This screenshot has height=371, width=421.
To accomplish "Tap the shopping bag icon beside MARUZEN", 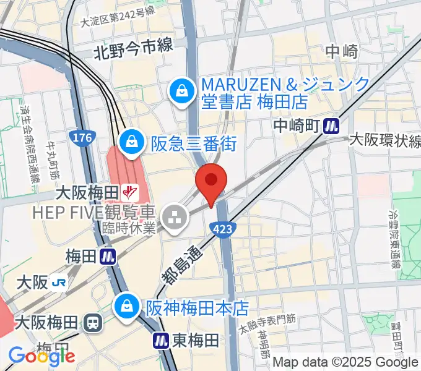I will [183, 92].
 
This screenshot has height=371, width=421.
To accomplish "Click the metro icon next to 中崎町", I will [332, 126].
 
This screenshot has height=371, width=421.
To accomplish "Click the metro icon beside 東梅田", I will [161, 339].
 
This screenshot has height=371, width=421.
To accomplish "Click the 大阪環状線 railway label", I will [384, 140].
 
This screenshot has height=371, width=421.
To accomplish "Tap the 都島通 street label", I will [180, 263].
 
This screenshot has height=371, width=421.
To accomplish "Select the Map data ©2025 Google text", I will [345, 362].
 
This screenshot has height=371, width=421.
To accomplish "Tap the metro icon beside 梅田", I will [108, 255].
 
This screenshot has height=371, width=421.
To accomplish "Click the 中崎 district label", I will [342, 51].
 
